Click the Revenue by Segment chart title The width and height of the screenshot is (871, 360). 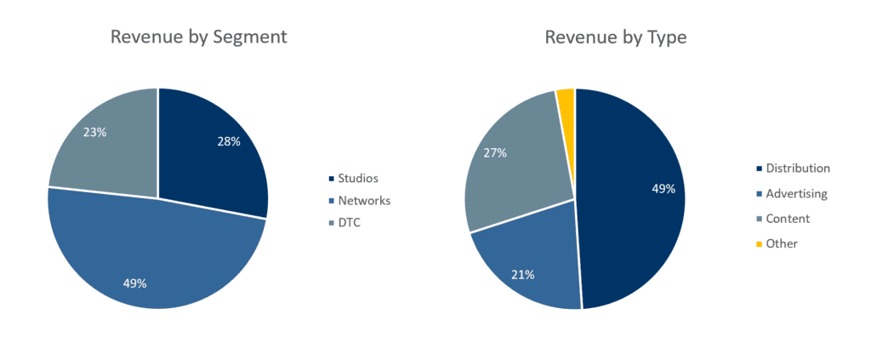tap(198, 37)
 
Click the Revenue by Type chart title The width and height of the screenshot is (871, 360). tap(615, 37)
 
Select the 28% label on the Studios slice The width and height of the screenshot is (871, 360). tap(228, 142)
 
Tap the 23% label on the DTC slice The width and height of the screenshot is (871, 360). tap(94, 133)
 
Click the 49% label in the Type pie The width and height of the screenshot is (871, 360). tap(663, 189)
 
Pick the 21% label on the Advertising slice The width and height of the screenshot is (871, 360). tap(522, 275)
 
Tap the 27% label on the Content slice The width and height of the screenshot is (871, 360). tap(495, 153)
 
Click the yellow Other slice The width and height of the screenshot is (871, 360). tap(566, 100)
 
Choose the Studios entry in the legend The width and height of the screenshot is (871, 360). tap(357, 179)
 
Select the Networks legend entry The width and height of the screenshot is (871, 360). tap(364, 201)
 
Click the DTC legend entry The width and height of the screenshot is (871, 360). tap(350, 223)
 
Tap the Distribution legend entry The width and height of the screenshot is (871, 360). tap(797, 169)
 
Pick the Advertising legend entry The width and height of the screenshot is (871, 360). tap(795, 194)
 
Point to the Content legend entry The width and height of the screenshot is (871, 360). tap(787, 219)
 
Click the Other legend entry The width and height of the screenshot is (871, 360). tap(781, 244)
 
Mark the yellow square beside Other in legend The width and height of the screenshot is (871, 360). tap(758, 245)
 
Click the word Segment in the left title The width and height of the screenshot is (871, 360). tap(250, 37)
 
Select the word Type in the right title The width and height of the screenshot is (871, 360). tap(668, 37)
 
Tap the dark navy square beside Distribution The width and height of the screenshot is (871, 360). tap(758, 169)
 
